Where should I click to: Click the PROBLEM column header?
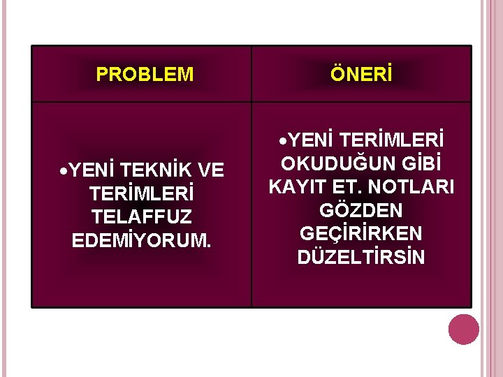click(x=145, y=75)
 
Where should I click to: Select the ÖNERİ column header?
click(x=361, y=75)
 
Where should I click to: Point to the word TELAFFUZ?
click(x=141, y=216)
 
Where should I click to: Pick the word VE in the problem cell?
click(x=211, y=170)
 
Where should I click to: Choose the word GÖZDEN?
click(x=360, y=210)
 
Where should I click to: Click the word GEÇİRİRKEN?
click(x=360, y=233)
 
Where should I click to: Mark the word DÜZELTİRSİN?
click(x=360, y=257)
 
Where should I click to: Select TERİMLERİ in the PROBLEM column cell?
click(x=141, y=193)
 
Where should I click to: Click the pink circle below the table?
click(x=463, y=330)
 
